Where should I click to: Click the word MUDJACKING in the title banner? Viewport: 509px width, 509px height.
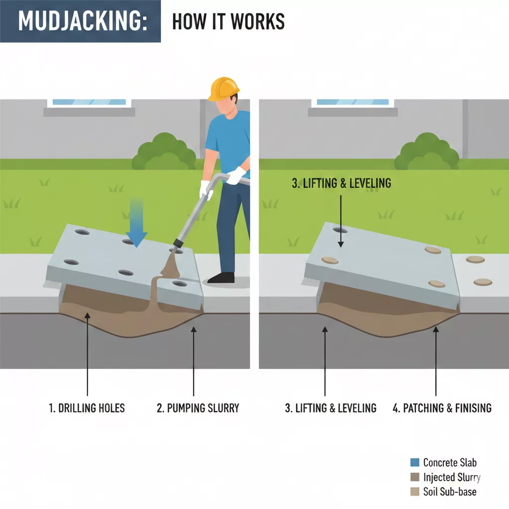[80, 21]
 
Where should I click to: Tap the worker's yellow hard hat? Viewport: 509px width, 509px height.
[224, 88]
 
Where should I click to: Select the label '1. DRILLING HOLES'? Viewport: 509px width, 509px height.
[87, 408]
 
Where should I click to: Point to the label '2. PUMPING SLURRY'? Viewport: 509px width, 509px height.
[198, 408]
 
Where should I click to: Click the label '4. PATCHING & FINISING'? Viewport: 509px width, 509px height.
[442, 408]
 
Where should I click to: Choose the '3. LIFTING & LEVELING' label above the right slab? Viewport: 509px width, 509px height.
[341, 183]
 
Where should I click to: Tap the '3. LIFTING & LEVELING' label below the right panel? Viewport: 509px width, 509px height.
[331, 408]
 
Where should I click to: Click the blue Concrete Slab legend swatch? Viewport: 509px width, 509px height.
[415, 462]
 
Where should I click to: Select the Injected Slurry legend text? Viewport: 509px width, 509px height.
[451, 477]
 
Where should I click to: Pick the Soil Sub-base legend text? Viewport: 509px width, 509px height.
[449, 492]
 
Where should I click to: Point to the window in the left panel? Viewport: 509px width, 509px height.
[89, 102]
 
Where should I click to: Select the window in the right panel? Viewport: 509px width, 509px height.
[353, 102]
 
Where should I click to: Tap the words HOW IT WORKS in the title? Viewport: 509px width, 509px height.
[228, 21]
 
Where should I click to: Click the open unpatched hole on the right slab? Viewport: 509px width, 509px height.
[339, 230]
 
